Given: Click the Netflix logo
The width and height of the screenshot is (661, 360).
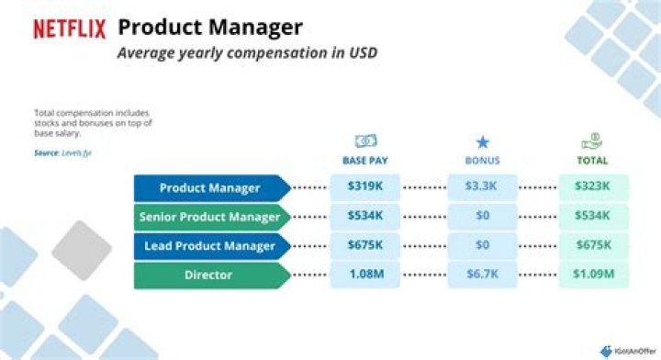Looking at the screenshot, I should pos(69,28).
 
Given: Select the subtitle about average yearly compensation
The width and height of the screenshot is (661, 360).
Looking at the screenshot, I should pos(247,52).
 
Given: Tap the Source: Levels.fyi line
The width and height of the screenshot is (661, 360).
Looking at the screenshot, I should pos(63,152).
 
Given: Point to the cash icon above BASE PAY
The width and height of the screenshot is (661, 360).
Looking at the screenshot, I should pos(364,142).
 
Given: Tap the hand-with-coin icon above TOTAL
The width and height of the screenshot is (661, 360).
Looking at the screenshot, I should pos(593,142).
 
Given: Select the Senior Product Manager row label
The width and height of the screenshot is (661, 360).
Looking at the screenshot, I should pos(210,217).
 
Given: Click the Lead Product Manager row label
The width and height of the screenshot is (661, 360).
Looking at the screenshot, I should pos(210,245).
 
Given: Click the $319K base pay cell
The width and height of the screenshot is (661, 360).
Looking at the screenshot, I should pos(364,187).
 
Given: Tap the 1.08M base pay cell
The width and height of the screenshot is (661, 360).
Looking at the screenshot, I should pos(364,274).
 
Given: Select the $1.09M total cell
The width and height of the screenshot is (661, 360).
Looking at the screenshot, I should pos(593,274).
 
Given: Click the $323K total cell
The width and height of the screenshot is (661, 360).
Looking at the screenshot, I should pos(593,187).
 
